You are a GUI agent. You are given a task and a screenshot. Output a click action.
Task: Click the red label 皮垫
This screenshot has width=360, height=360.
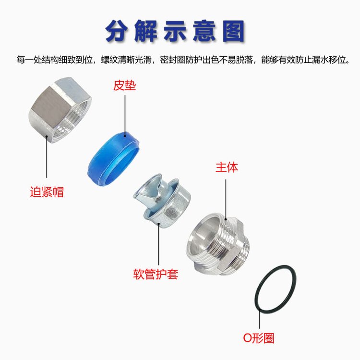tap(124, 85)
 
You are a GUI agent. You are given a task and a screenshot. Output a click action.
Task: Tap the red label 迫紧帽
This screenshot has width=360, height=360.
tap(47, 192)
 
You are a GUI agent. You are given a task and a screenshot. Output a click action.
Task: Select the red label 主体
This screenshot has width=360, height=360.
tap(227, 167)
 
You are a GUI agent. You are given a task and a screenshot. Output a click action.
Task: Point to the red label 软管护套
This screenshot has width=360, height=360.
tap(156, 274)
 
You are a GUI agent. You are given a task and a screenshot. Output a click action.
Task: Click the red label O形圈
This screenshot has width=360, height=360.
tap(259, 338)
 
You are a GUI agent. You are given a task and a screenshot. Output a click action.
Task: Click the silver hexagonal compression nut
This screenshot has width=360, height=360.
tap(60, 110)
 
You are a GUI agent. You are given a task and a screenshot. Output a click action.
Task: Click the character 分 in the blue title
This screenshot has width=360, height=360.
tap(117, 31)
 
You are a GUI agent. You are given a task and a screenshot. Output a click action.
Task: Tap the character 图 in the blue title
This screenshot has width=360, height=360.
tap(233, 31)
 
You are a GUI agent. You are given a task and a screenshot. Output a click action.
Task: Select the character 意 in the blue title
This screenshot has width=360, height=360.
tap(204, 31)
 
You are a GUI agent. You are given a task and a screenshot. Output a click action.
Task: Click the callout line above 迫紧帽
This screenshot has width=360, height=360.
tap(47, 157)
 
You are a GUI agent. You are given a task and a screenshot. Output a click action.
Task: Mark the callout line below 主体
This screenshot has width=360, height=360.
tap(226, 199)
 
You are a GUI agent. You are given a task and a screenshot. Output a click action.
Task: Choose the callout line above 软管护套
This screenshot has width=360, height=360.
tap(159, 244)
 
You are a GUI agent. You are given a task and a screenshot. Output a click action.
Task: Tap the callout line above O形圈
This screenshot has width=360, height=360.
tap(259, 319)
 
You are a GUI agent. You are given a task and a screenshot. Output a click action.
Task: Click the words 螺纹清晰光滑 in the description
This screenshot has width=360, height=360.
tap(126, 60)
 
